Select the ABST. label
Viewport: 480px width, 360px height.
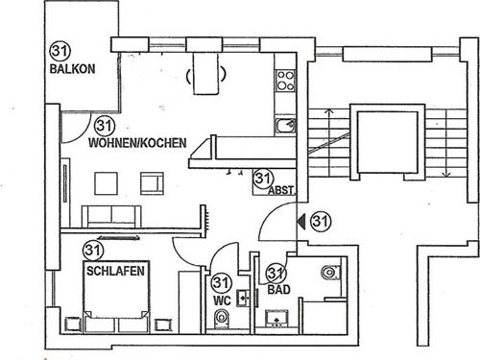click(281, 189)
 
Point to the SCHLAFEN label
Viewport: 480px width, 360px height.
click(115, 272)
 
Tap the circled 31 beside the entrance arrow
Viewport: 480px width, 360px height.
click(320, 221)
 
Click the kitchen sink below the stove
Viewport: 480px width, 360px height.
click(284, 124)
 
